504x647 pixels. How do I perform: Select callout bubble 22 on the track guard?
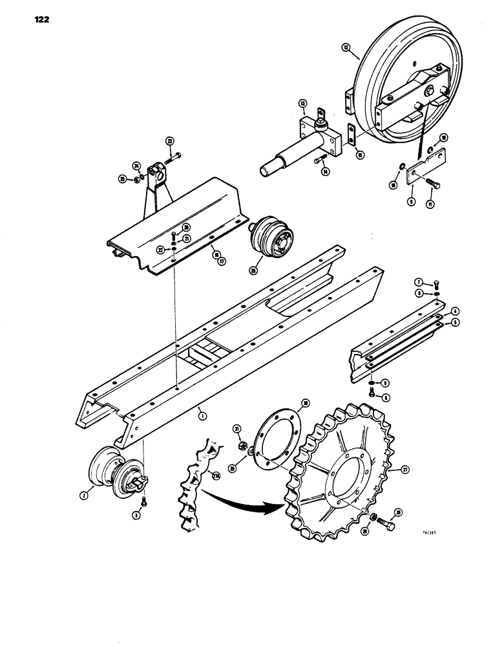click(x=160, y=250)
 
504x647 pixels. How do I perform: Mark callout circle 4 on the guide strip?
click(x=455, y=311)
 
